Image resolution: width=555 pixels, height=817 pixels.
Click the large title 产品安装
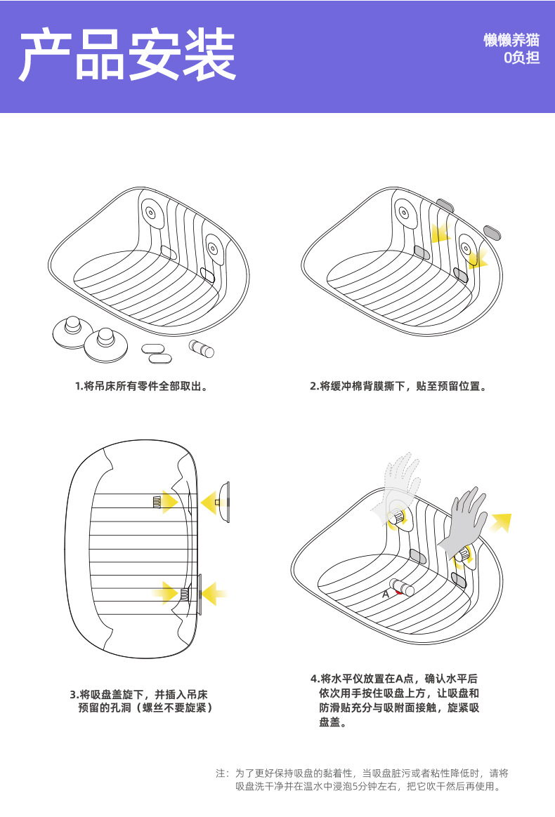[128, 55]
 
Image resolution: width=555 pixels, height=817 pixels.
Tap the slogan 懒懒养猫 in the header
[511, 39]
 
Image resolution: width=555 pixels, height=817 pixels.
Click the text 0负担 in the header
[521, 58]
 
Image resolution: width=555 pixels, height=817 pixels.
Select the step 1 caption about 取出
[141, 386]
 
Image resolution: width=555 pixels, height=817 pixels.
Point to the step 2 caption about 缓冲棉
[398, 386]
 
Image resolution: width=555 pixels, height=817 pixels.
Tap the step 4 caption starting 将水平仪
[395, 700]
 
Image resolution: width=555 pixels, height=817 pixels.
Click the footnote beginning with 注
[362, 780]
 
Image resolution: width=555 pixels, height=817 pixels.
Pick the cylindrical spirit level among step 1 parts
[202, 348]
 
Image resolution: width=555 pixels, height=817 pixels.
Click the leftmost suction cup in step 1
[72, 332]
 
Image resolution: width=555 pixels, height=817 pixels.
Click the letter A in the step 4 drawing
[386, 594]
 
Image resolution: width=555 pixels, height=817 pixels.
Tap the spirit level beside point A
[402, 587]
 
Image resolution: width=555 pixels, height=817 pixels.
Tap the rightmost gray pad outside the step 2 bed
[492, 232]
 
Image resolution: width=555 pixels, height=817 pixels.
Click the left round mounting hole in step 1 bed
[150, 212]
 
